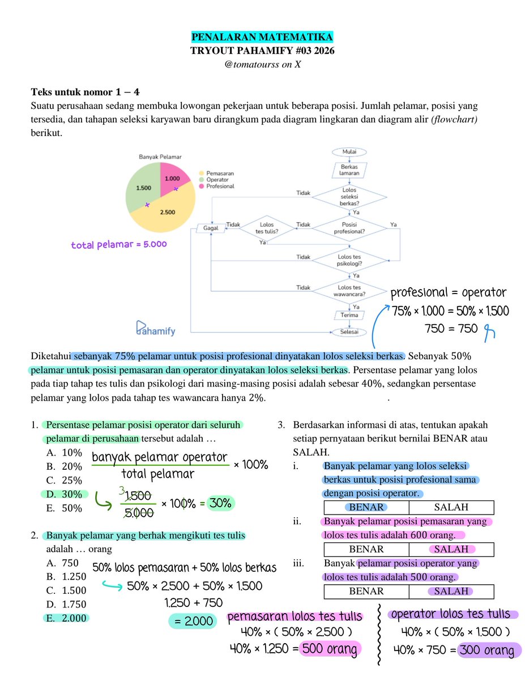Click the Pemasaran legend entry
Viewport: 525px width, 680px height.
(x=219, y=173)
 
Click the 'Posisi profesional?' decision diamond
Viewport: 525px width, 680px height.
(x=350, y=228)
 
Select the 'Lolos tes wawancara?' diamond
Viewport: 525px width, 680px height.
(x=350, y=291)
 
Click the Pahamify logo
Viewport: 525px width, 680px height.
(x=156, y=329)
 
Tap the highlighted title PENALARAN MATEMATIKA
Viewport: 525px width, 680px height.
(x=262, y=37)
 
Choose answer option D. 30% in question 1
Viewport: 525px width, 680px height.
(x=64, y=494)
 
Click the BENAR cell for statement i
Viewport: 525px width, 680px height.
(x=366, y=507)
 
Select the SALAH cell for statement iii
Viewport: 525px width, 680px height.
(x=451, y=591)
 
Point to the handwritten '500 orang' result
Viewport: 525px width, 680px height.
(x=329, y=649)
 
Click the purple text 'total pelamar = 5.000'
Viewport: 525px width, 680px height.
(x=119, y=245)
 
